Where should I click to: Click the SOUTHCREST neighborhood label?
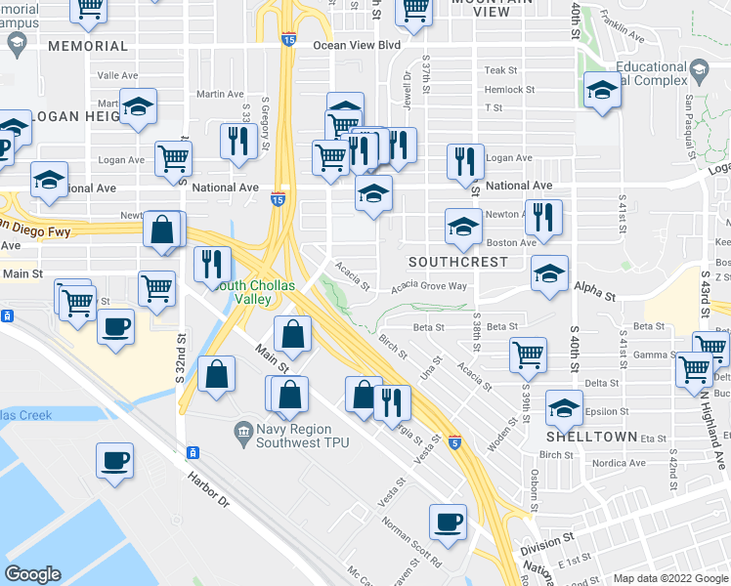pyautogui.click(x=457, y=262)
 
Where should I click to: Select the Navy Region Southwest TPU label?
pyautogui.click(x=302, y=436)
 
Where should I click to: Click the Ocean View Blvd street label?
pyautogui.click(x=357, y=45)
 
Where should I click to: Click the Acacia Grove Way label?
pyautogui.click(x=429, y=287)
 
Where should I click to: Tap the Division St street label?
pyautogui.click(x=546, y=541)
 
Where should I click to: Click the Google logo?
pyautogui.click(x=32, y=574)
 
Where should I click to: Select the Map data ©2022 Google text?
pyautogui.click(x=668, y=578)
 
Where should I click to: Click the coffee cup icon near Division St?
pyautogui.click(x=449, y=521)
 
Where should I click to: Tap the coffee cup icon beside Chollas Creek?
pyautogui.click(x=114, y=460)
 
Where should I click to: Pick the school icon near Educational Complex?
pyautogui.click(x=602, y=91)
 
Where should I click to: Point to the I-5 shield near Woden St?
pyautogui.click(x=454, y=442)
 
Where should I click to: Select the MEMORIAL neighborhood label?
pyautogui.click(x=87, y=46)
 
